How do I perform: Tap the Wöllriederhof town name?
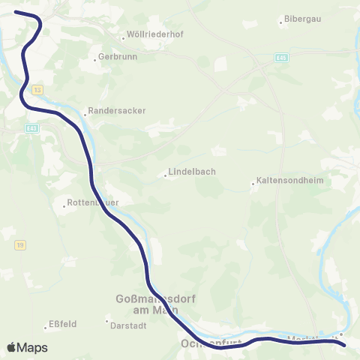point(157,35)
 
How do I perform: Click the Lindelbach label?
point(193,172)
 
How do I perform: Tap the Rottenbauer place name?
point(93,202)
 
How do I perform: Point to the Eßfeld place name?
point(63,325)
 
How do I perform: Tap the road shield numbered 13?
point(38,89)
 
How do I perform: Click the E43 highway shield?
point(31,128)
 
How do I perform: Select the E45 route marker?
point(281,57)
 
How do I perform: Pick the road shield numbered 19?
point(20,244)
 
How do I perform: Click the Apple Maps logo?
point(27,347)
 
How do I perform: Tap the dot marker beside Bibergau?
point(281,22)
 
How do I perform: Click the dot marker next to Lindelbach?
point(165,177)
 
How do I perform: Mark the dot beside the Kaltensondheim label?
point(253,182)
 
